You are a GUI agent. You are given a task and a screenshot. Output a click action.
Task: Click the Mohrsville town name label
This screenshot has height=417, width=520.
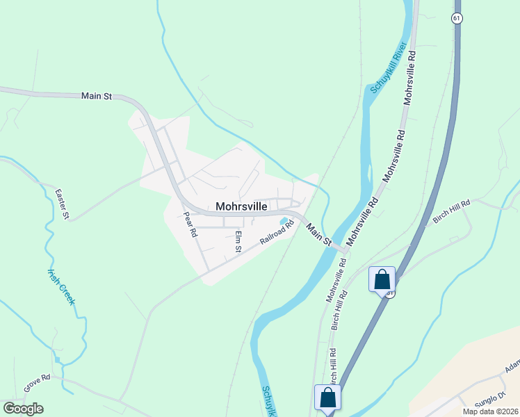(241, 206)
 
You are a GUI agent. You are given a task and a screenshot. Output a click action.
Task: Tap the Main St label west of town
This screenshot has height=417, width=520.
(97, 97)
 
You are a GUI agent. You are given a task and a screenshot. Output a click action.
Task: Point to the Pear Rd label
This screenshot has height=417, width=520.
(190, 225)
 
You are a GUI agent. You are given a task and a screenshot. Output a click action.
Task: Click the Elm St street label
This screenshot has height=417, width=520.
(238, 241)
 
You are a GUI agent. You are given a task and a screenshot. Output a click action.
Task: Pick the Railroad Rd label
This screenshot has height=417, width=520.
(278, 231)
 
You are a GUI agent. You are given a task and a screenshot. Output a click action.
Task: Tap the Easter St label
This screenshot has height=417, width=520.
(63, 204)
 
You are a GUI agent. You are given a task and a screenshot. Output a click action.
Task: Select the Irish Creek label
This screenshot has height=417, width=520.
(60, 286)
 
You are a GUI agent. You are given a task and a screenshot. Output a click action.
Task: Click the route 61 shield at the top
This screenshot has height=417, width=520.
(456, 19)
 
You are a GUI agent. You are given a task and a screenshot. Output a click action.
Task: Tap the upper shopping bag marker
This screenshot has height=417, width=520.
(382, 279)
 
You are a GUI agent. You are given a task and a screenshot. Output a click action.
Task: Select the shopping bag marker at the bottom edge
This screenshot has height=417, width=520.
(327, 398)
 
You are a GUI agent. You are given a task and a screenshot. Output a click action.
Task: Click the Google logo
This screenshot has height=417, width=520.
(23, 408)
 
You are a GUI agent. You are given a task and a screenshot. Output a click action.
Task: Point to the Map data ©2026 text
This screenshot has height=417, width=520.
(489, 411)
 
